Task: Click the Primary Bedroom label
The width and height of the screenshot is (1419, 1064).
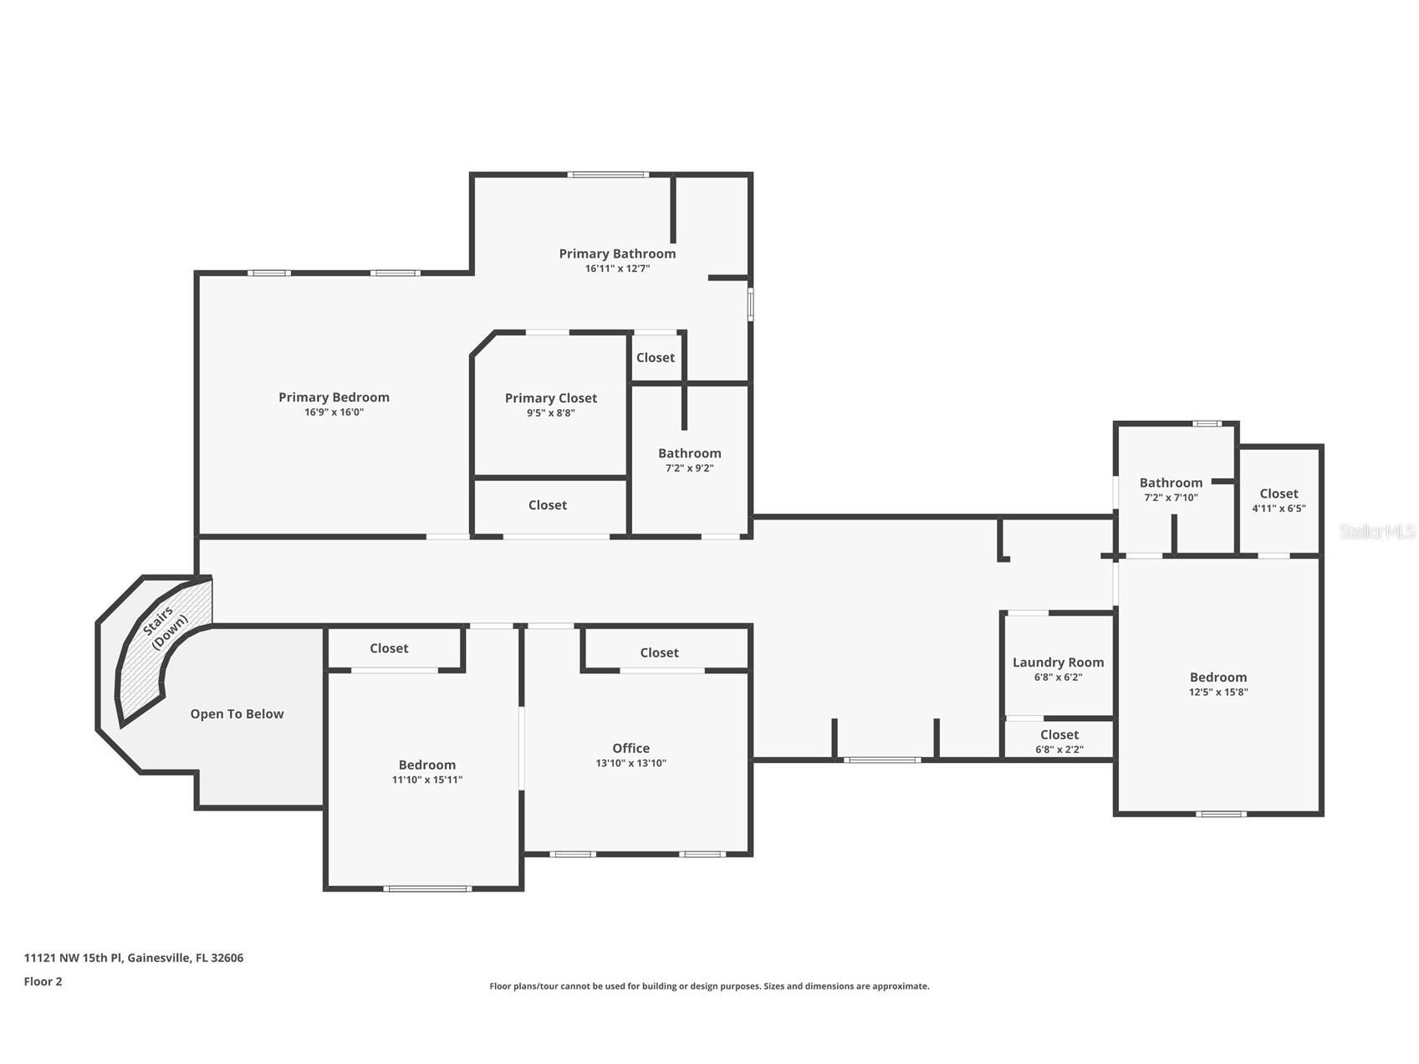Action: [x=334, y=397]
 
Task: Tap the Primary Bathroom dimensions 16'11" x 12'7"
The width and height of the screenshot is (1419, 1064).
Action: [x=617, y=269]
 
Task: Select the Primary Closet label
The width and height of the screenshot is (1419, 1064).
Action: [x=551, y=398]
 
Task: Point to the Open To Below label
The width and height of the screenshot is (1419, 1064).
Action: [x=237, y=714]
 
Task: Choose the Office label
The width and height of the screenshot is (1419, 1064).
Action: [x=630, y=748]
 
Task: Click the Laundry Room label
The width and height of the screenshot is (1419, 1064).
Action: [x=1058, y=662]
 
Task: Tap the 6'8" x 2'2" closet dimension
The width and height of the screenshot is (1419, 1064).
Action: [x=1059, y=749]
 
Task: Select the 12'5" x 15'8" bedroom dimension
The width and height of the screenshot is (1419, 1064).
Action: [x=1218, y=692]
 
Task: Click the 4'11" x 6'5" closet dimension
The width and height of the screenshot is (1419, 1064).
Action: [x=1279, y=509]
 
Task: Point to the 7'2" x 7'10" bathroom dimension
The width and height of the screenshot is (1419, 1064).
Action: [x=1171, y=498]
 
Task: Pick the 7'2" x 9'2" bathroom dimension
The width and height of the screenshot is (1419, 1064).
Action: [x=689, y=468]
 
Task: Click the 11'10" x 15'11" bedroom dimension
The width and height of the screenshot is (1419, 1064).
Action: [x=426, y=780]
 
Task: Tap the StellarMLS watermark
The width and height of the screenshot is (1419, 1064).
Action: [x=1376, y=531]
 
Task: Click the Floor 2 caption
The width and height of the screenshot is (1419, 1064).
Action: [x=43, y=981]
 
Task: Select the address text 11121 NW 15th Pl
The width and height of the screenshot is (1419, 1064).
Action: [x=74, y=958]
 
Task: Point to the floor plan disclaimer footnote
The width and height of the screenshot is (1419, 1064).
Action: [x=709, y=986]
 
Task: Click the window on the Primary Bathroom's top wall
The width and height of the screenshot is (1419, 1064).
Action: [x=608, y=175]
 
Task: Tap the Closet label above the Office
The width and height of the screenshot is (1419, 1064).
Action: [x=659, y=652]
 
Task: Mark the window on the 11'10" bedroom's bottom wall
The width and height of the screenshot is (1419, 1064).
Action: [x=426, y=888]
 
